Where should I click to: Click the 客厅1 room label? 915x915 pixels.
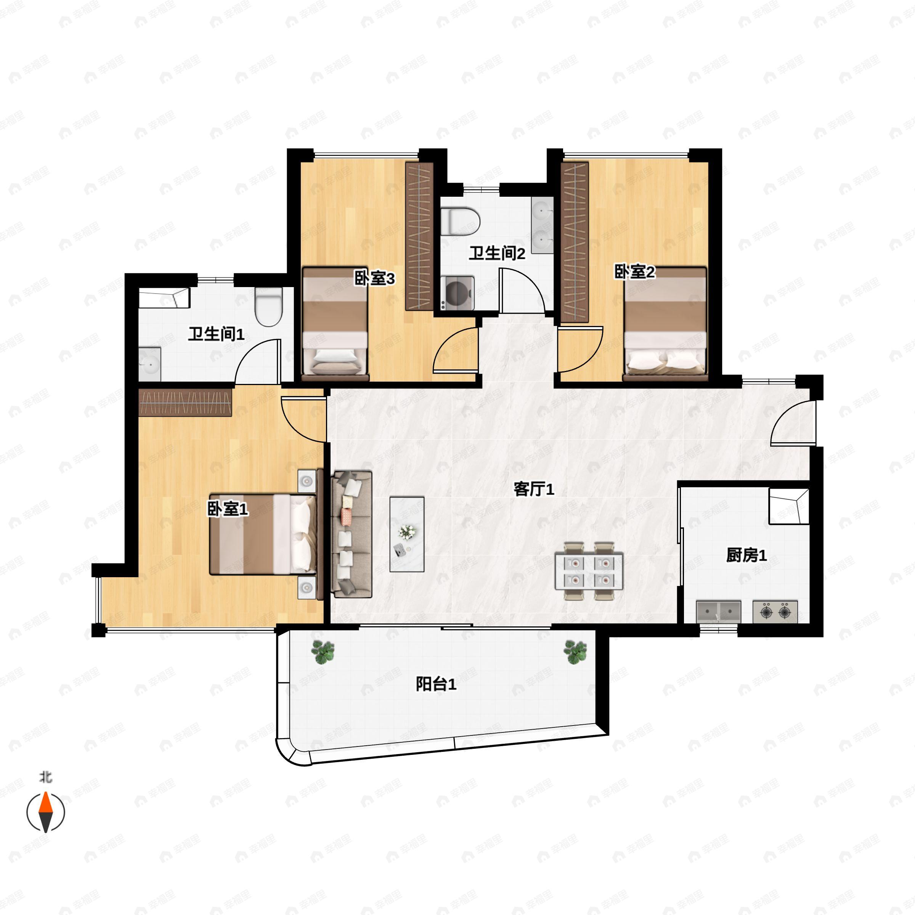(x=534, y=489)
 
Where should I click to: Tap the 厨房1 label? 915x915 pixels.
(x=746, y=555)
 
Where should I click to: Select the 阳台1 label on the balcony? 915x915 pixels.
(x=436, y=684)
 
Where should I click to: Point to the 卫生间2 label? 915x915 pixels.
(x=497, y=254)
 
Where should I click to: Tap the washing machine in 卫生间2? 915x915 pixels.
(x=457, y=293)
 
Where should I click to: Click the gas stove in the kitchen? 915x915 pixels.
(x=775, y=612)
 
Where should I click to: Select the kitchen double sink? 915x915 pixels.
(x=718, y=612)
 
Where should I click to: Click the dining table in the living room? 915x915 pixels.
(x=589, y=571)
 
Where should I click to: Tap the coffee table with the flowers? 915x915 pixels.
(x=407, y=534)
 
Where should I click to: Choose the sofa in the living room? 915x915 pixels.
(x=352, y=534)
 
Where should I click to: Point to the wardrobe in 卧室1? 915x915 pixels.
(x=185, y=403)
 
